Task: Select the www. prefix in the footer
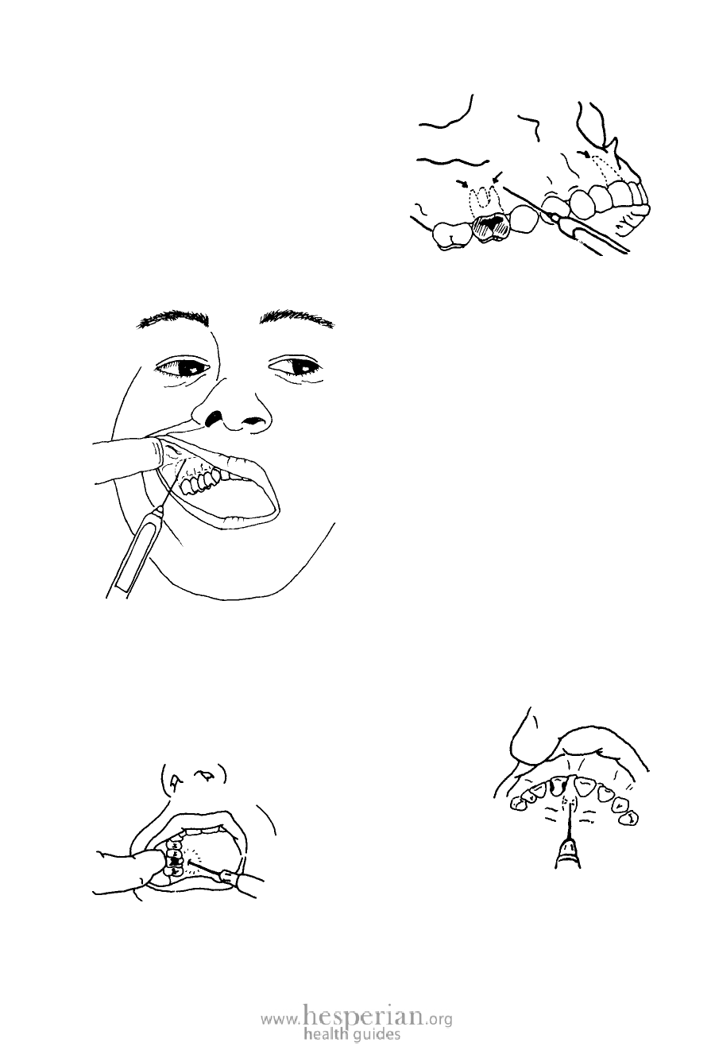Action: (x=280, y=1016)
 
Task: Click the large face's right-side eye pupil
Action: (x=300, y=366)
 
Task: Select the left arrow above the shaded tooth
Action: (x=462, y=182)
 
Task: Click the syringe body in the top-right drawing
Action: (x=590, y=234)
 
